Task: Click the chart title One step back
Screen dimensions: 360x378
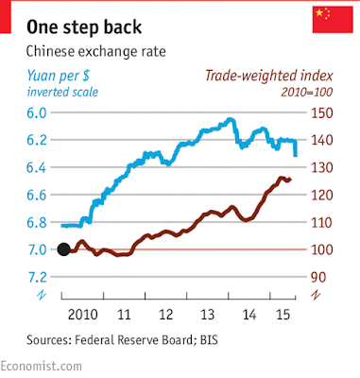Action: click(84, 26)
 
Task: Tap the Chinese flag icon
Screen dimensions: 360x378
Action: click(333, 19)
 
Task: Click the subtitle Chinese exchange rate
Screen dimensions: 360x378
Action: click(95, 51)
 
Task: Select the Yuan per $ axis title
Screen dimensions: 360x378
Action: click(58, 76)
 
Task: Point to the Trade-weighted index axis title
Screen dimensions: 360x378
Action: click(269, 76)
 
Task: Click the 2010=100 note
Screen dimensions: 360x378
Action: click(307, 92)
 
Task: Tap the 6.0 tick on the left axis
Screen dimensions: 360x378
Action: click(37, 112)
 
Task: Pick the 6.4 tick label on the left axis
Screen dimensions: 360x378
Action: click(37, 167)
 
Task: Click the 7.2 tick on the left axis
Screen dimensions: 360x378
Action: click(37, 277)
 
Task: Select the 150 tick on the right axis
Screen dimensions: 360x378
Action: click(322, 113)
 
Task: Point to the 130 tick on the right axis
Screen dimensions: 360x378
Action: click(322, 167)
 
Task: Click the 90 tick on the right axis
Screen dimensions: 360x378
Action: click(318, 277)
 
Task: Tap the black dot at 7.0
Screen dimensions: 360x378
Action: click(64, 249)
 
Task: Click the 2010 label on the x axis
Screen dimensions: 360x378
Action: click(82, 315)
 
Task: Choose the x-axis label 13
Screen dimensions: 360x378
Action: click(208, 315)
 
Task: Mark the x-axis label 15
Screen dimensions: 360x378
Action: click(283, 315)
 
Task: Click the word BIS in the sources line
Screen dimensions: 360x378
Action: click(209, 340)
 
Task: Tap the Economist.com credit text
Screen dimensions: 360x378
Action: click(41, 366)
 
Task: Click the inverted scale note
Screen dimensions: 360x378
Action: click(62, 92)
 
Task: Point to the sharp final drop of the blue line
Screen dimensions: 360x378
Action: click(296, 148)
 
